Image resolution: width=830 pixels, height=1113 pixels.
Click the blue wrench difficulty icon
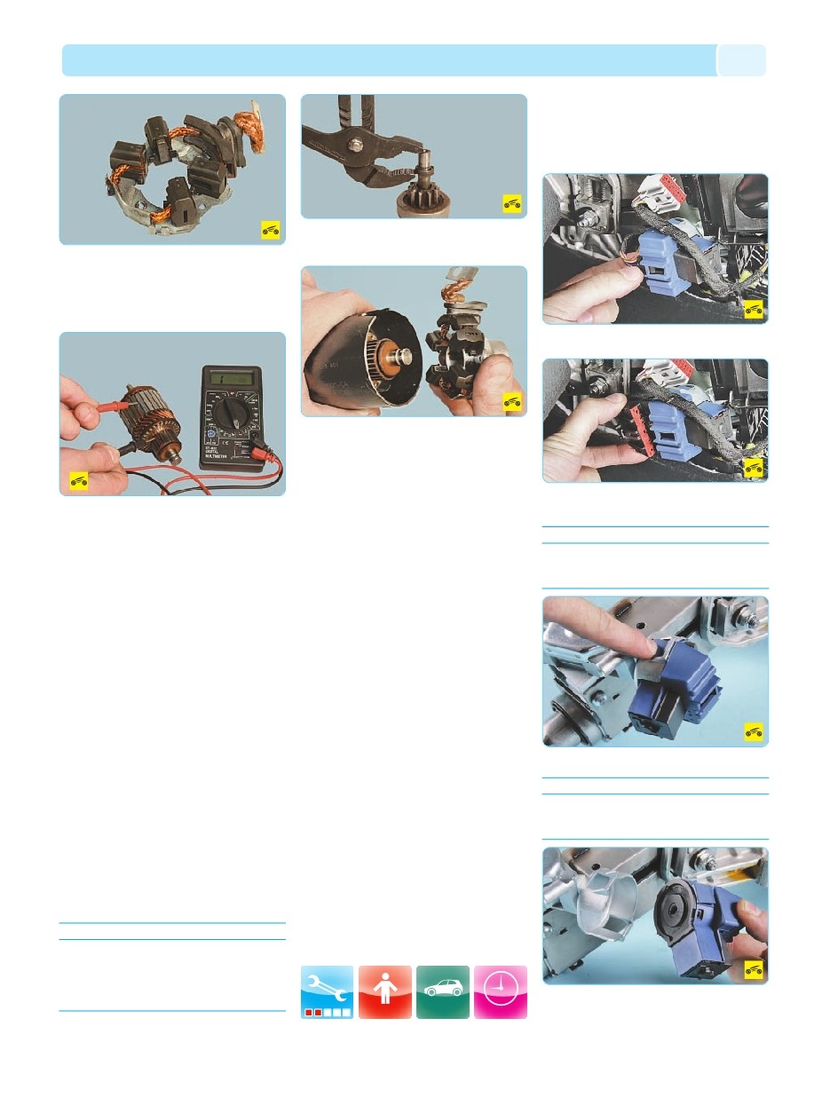click(327, 991)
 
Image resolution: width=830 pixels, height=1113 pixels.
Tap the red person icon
click(385, 991)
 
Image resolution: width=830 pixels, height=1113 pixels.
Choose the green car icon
click(442, 991)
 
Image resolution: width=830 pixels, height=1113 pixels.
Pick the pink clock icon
click(500, 991)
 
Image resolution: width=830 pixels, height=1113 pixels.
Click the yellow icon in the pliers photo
click(511, 201)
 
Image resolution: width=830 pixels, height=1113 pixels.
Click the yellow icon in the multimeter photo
click(79, 480)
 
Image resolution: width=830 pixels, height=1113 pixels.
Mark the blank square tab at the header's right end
click(741, 60)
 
